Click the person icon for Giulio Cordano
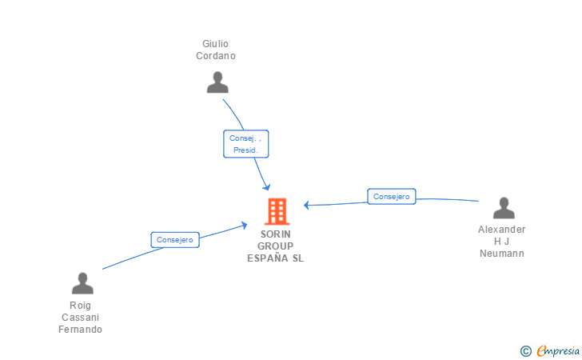point(217,82)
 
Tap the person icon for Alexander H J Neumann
point(504,208)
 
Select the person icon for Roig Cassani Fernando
point(82,283)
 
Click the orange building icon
point(277,211)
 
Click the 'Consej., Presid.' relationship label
point(245,144)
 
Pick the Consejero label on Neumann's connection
point(391,196)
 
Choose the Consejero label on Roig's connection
point(174,239)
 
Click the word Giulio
point(216,43)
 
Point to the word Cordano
point(216,56)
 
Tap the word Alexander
point(502,230)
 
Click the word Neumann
point(502,254)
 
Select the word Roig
point(81,306)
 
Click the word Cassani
point(81,318)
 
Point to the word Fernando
point(81,330)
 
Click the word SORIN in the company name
point(276,234)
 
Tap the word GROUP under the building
point(276,246)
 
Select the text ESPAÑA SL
point(276,258)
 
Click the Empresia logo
point(558,350)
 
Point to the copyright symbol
point(525,350)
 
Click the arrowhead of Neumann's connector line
point(307,205)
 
